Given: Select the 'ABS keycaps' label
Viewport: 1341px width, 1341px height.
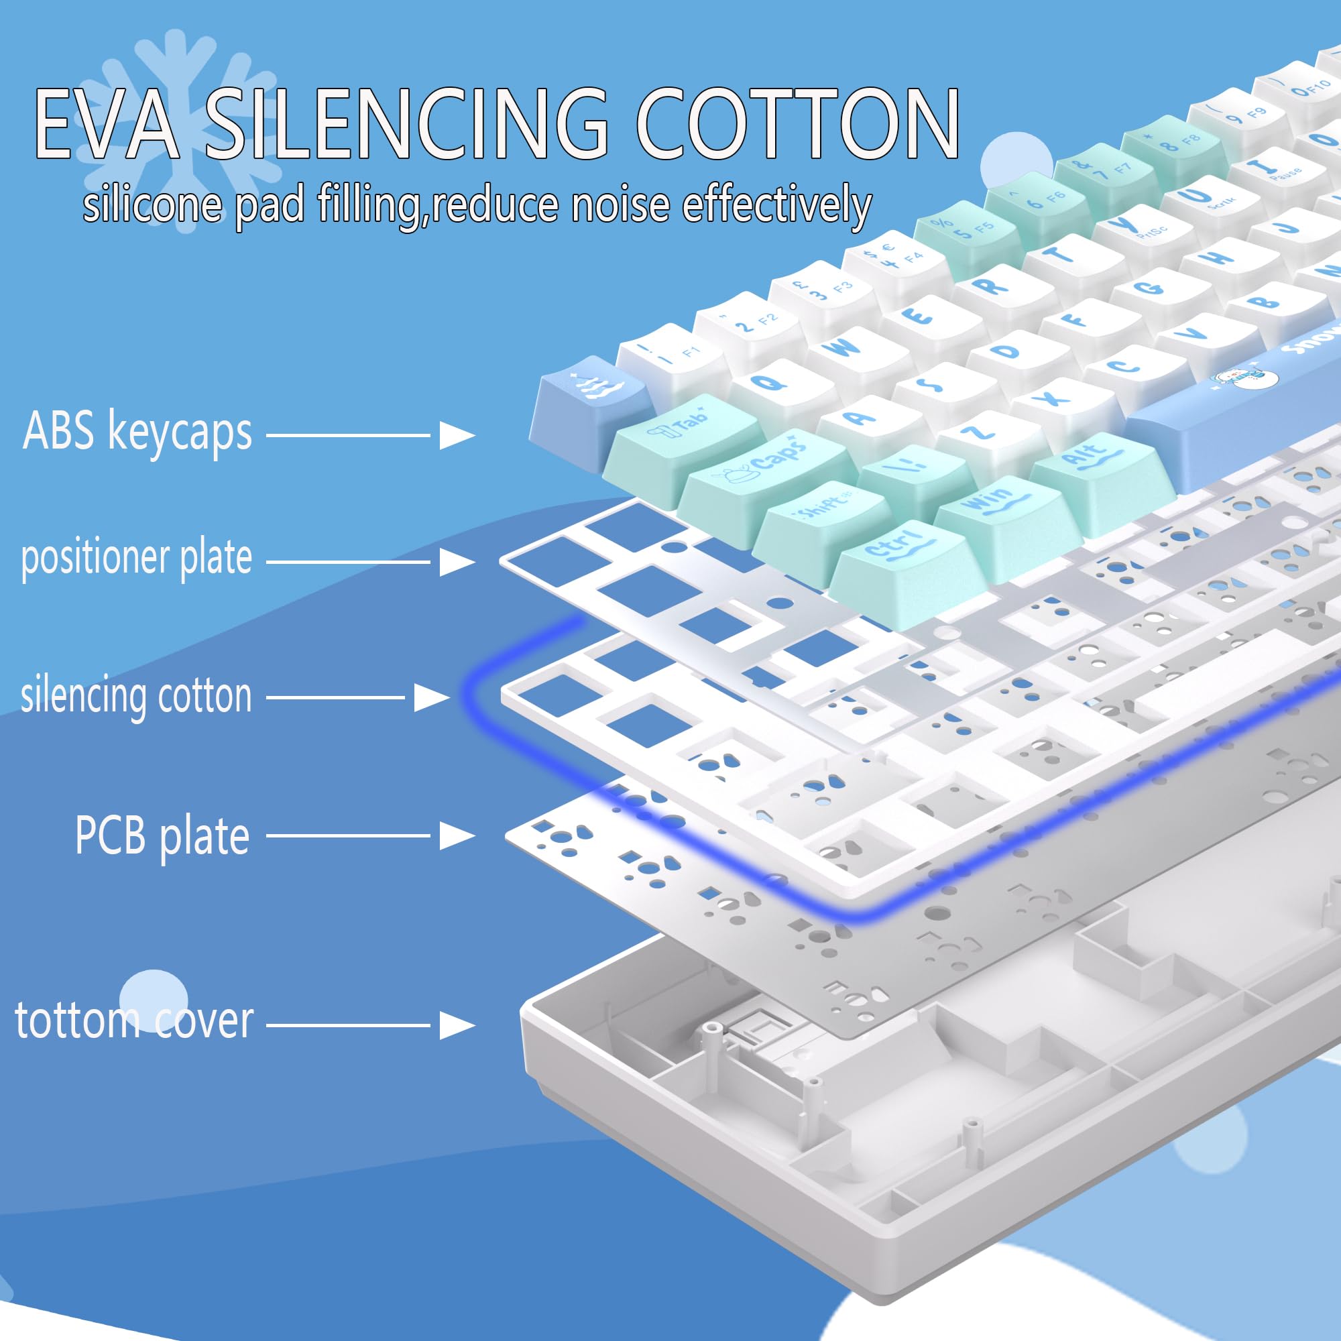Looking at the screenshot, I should (137, 432).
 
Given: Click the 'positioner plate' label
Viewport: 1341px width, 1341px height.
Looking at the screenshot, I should (137, 557).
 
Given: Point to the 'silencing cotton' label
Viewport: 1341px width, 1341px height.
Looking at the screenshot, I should (136, 695).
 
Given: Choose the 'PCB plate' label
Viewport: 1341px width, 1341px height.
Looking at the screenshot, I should (162, 835).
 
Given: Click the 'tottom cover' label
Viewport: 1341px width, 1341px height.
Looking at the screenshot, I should (134, 1021).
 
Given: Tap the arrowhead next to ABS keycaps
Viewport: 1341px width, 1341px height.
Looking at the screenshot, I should (456, 436).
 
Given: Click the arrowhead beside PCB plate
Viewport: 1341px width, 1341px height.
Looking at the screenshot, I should (456, 835).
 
